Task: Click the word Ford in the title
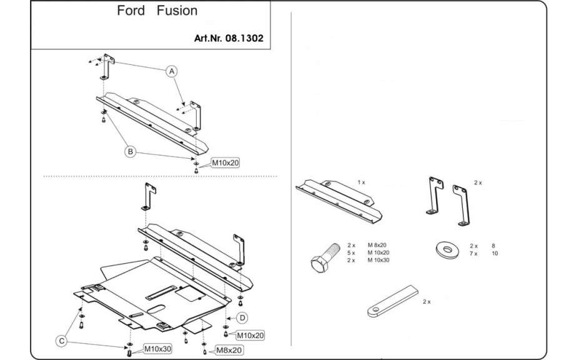(x=131, y=11)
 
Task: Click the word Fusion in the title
(x=177, y=11)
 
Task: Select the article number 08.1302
(x=244, y=37)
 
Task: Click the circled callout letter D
(x=242, y=317)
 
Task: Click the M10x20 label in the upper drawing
(x=225, y=162)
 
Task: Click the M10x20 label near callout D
(x=250, y=335)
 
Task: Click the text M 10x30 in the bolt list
(x=379, y=260)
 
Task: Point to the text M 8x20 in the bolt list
(x=377, y=246)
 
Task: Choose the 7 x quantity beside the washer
(x=473, y=253)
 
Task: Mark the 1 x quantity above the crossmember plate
(x=361, y=182)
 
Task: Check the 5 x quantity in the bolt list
(x=351, y=253)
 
